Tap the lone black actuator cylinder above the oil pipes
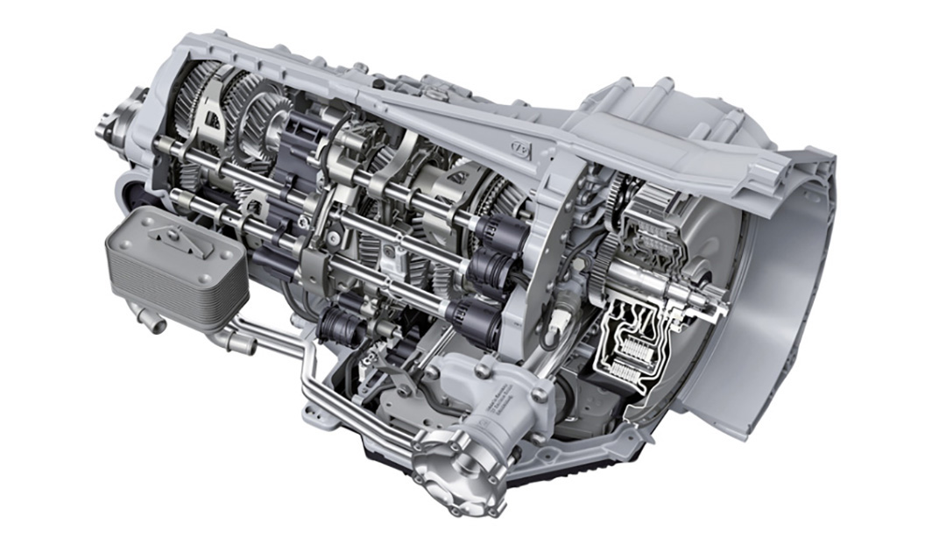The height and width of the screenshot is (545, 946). click(338, 324)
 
